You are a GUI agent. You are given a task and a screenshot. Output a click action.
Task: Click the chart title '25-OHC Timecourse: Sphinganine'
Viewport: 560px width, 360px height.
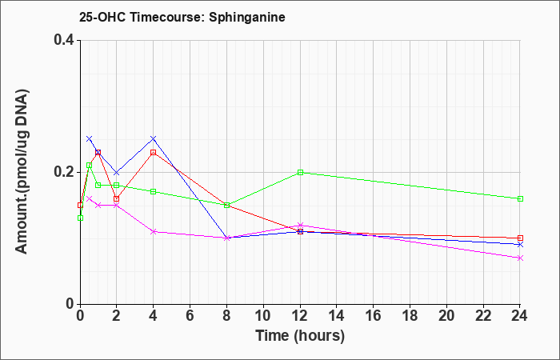click(182, 17)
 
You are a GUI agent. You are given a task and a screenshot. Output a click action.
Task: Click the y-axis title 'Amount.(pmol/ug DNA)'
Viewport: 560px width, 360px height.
click(22, 171)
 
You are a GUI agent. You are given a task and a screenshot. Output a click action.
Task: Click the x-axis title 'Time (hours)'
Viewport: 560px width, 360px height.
click(300, 336)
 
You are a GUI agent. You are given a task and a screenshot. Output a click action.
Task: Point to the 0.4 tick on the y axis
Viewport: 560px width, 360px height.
click(64, 40)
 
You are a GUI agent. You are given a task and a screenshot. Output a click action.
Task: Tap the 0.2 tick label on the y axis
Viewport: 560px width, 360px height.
click(64, 172)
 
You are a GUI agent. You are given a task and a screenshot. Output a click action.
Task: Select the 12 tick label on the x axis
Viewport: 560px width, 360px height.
click(300, 315)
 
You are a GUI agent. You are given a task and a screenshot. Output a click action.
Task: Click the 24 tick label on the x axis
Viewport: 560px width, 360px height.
click(520, 315)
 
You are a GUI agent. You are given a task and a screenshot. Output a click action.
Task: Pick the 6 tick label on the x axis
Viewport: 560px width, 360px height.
click(190, 315)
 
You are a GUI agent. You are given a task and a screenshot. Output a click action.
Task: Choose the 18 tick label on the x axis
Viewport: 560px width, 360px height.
click(410, 315)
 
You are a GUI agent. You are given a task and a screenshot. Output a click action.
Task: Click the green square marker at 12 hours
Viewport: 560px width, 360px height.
click(300, 172)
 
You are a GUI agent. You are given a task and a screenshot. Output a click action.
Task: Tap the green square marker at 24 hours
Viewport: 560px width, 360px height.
click(520, 198)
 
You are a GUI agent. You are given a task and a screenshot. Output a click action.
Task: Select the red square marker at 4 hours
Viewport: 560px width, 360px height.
click(154, 153)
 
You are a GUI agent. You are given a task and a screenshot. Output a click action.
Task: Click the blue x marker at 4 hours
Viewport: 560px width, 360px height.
click(154, 138)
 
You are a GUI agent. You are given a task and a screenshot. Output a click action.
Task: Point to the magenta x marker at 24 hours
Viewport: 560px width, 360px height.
click(520, 258)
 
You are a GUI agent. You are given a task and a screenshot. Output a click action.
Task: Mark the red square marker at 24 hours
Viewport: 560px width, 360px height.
click(520, 238)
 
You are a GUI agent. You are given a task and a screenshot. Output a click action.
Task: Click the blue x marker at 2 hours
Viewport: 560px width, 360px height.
click(117, 173)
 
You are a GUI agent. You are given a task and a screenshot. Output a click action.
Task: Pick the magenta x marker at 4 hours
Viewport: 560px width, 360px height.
click(154, 231)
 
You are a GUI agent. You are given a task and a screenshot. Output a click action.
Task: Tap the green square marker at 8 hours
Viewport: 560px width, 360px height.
click(226, 205)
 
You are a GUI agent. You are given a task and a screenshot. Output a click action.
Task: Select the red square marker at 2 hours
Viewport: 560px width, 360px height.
click(117, 198)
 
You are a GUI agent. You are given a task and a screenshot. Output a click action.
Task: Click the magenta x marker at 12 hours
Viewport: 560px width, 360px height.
click(300, 225)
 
